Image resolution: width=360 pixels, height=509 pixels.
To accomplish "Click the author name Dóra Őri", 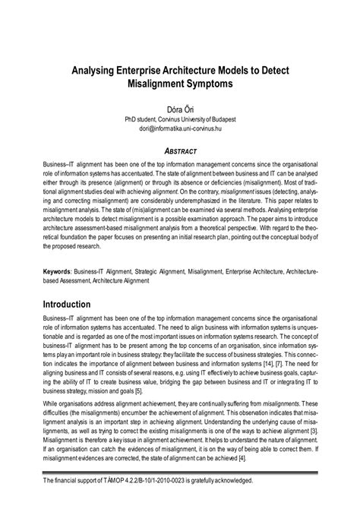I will (180, 109).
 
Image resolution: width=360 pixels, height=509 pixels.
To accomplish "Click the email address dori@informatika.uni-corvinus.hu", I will (180, 129).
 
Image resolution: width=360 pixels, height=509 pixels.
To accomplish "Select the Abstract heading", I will (180, 151).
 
